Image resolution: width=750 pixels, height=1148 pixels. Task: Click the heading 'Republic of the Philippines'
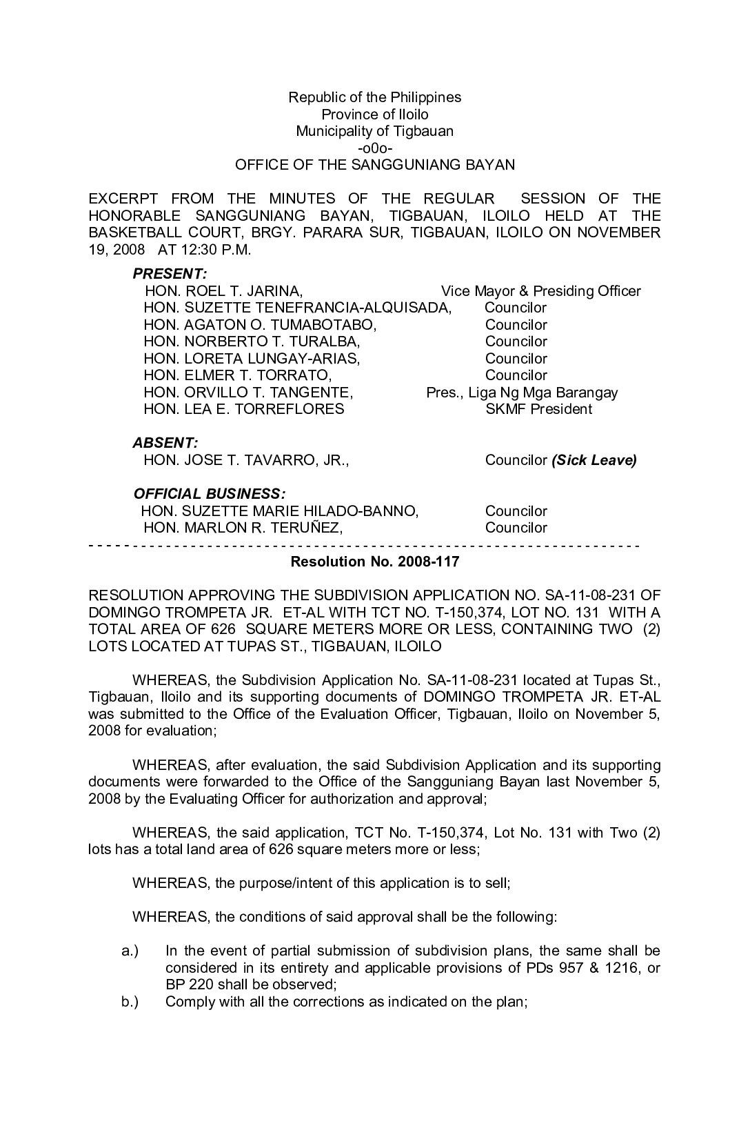(374, 97)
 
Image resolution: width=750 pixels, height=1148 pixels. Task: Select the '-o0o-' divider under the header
(375, 148)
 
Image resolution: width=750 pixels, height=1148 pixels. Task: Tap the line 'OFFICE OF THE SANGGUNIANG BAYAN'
(375, 165)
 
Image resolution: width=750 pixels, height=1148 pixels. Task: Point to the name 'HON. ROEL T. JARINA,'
(223, 291)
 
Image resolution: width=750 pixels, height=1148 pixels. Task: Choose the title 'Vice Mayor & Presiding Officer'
(540, 291)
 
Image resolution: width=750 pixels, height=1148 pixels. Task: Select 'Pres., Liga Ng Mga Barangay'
(522, 393)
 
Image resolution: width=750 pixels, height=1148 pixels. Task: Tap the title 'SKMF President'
(538, 409)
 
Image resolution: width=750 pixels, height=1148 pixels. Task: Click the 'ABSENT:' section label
(165, 443)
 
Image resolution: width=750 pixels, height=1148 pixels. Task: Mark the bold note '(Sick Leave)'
(594, 460)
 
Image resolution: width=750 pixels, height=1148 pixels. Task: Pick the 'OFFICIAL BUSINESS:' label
(209, 494)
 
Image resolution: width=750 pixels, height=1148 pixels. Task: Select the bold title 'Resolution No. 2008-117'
(375, 562)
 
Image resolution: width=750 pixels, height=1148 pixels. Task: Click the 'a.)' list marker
(130, 951)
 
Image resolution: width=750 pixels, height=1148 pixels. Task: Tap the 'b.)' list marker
(130, 1002)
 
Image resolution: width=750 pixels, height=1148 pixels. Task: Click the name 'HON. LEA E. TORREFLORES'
(243, 409)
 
